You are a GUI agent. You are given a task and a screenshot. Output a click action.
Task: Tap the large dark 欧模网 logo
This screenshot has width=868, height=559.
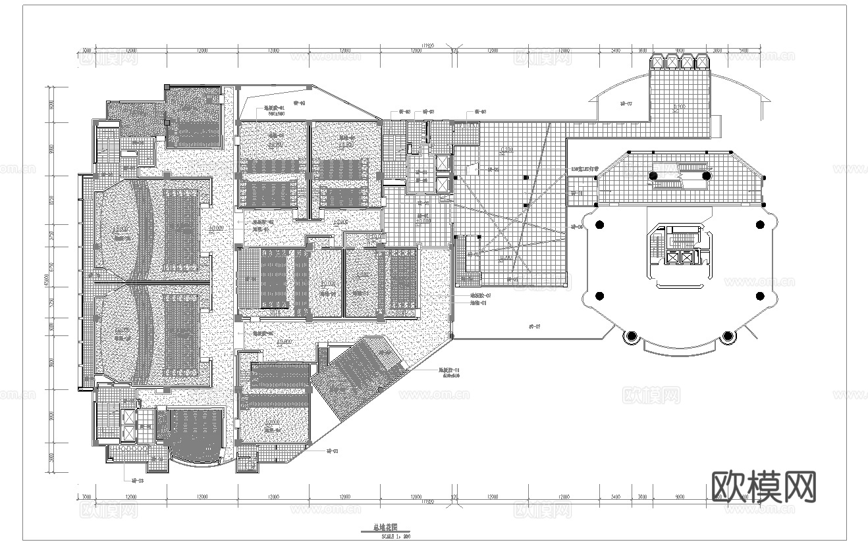(x=765, y=487)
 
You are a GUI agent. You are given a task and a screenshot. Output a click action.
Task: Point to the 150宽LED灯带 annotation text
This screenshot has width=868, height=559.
(x=584, y=169)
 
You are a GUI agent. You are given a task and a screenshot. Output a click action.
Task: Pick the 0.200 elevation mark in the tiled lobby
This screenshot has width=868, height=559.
(x=506, y=151)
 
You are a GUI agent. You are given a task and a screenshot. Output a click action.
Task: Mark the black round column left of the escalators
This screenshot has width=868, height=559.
(x=654, y=176)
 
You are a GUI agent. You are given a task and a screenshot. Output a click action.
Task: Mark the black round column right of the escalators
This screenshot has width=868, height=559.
(x=706, y=176)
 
